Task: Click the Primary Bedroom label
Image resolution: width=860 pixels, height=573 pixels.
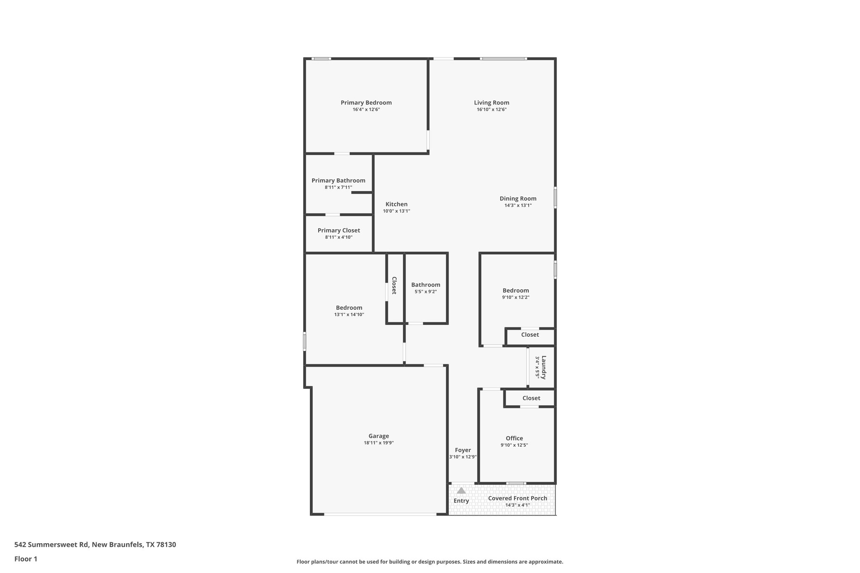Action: coord(366,102)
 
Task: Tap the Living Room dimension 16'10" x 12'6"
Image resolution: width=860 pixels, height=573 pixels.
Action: coord(491,110)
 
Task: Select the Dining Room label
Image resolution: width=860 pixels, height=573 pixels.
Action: coord(518,199)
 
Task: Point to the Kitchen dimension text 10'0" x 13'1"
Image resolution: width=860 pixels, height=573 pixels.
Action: coord(396,211)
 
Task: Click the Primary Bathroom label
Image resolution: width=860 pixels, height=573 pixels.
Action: coord(338,181)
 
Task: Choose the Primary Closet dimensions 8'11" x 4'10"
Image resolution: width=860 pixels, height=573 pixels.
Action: coord(338,237)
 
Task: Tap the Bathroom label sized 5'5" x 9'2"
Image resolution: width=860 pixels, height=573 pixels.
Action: coord(425,285)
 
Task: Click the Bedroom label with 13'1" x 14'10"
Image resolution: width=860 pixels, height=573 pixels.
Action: coord(349,308)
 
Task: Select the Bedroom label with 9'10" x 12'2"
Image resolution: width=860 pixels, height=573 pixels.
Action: coord(515,290)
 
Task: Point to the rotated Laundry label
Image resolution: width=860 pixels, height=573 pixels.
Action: coord(543,367)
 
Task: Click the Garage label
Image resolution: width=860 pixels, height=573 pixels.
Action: coord(378,436)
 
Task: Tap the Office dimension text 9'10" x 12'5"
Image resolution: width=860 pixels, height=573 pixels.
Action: coord(514,445)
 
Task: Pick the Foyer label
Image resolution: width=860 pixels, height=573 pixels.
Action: coord(463,450)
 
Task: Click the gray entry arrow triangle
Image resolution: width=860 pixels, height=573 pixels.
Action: coord(461,490)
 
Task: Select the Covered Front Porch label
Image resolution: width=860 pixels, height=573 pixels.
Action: coord(517,498)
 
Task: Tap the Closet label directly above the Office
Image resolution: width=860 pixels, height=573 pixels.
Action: coord(531,398)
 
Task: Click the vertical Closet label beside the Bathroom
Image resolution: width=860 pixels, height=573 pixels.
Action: coord(394,285)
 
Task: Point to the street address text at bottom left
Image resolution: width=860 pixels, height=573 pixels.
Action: coord(95,545)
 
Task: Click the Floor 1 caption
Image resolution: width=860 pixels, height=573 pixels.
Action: coord(26,559)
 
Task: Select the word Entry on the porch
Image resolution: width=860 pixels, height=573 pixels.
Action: coord(461,501)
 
